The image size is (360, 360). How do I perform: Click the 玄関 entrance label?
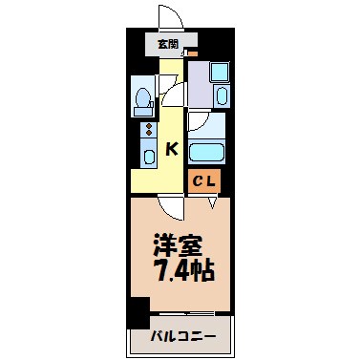tap(168, 44)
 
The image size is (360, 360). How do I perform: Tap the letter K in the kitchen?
tap(173, 148)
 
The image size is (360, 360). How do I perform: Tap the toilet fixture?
tap(144, 97)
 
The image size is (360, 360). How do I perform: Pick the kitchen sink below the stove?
tap(149, 155)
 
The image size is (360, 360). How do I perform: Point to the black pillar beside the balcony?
tap(140, 313)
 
